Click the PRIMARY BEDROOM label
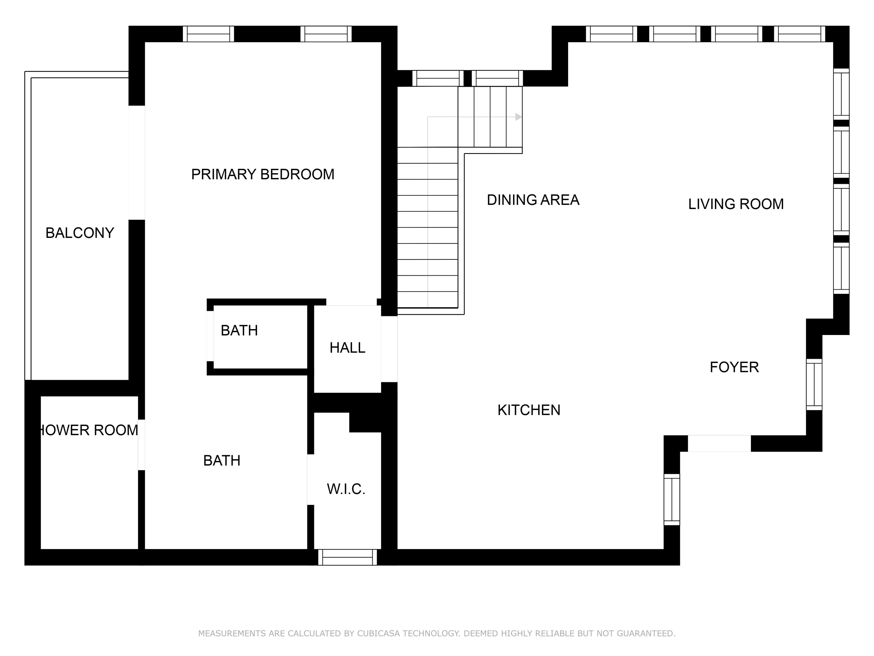point(262,174)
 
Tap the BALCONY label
point(80,233)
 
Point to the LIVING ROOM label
point(736,204)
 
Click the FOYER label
point(734,367)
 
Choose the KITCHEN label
point(529,410)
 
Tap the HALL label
point(347,348)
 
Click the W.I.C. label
point(346,489)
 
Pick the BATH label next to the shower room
point(222,461)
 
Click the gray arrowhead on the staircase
point(518,117)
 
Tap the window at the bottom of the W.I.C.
point(347,557)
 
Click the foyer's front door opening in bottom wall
point(719,443)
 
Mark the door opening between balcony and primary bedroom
point(137,162)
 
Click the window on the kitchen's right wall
point(672,500)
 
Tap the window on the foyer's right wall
point(814,384)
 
